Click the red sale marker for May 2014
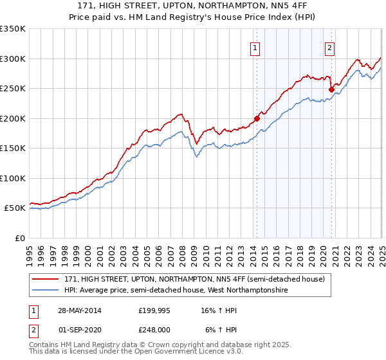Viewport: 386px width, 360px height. [x=257, y=118]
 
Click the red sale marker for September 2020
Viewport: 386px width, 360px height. [x=331, y=89]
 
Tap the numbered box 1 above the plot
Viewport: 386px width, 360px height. [x=255, y=47]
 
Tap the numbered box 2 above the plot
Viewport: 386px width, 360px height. [x=329, y=47]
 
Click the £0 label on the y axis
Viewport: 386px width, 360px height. [x=19, y=238]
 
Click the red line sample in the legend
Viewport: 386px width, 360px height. [x=46, y=279]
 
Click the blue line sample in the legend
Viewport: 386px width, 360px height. [x=46, y=291]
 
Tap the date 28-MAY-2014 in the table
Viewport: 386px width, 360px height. [x=80, y=310]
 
